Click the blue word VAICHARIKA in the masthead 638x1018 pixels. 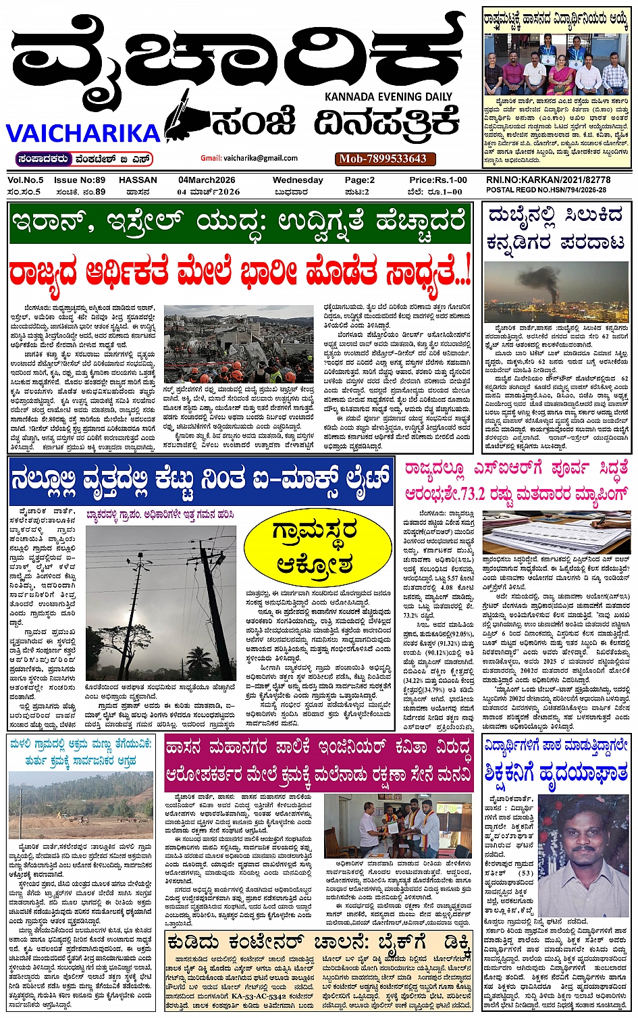tap(83, 132)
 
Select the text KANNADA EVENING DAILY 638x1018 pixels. tap(388, 97)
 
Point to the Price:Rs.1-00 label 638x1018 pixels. tap(437, 180)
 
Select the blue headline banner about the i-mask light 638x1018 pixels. tap(201, 480)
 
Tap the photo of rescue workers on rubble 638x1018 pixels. tap(238, 344)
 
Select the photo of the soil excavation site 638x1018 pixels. tap(81, 807)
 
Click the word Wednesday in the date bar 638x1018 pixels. tap(298, 180)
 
